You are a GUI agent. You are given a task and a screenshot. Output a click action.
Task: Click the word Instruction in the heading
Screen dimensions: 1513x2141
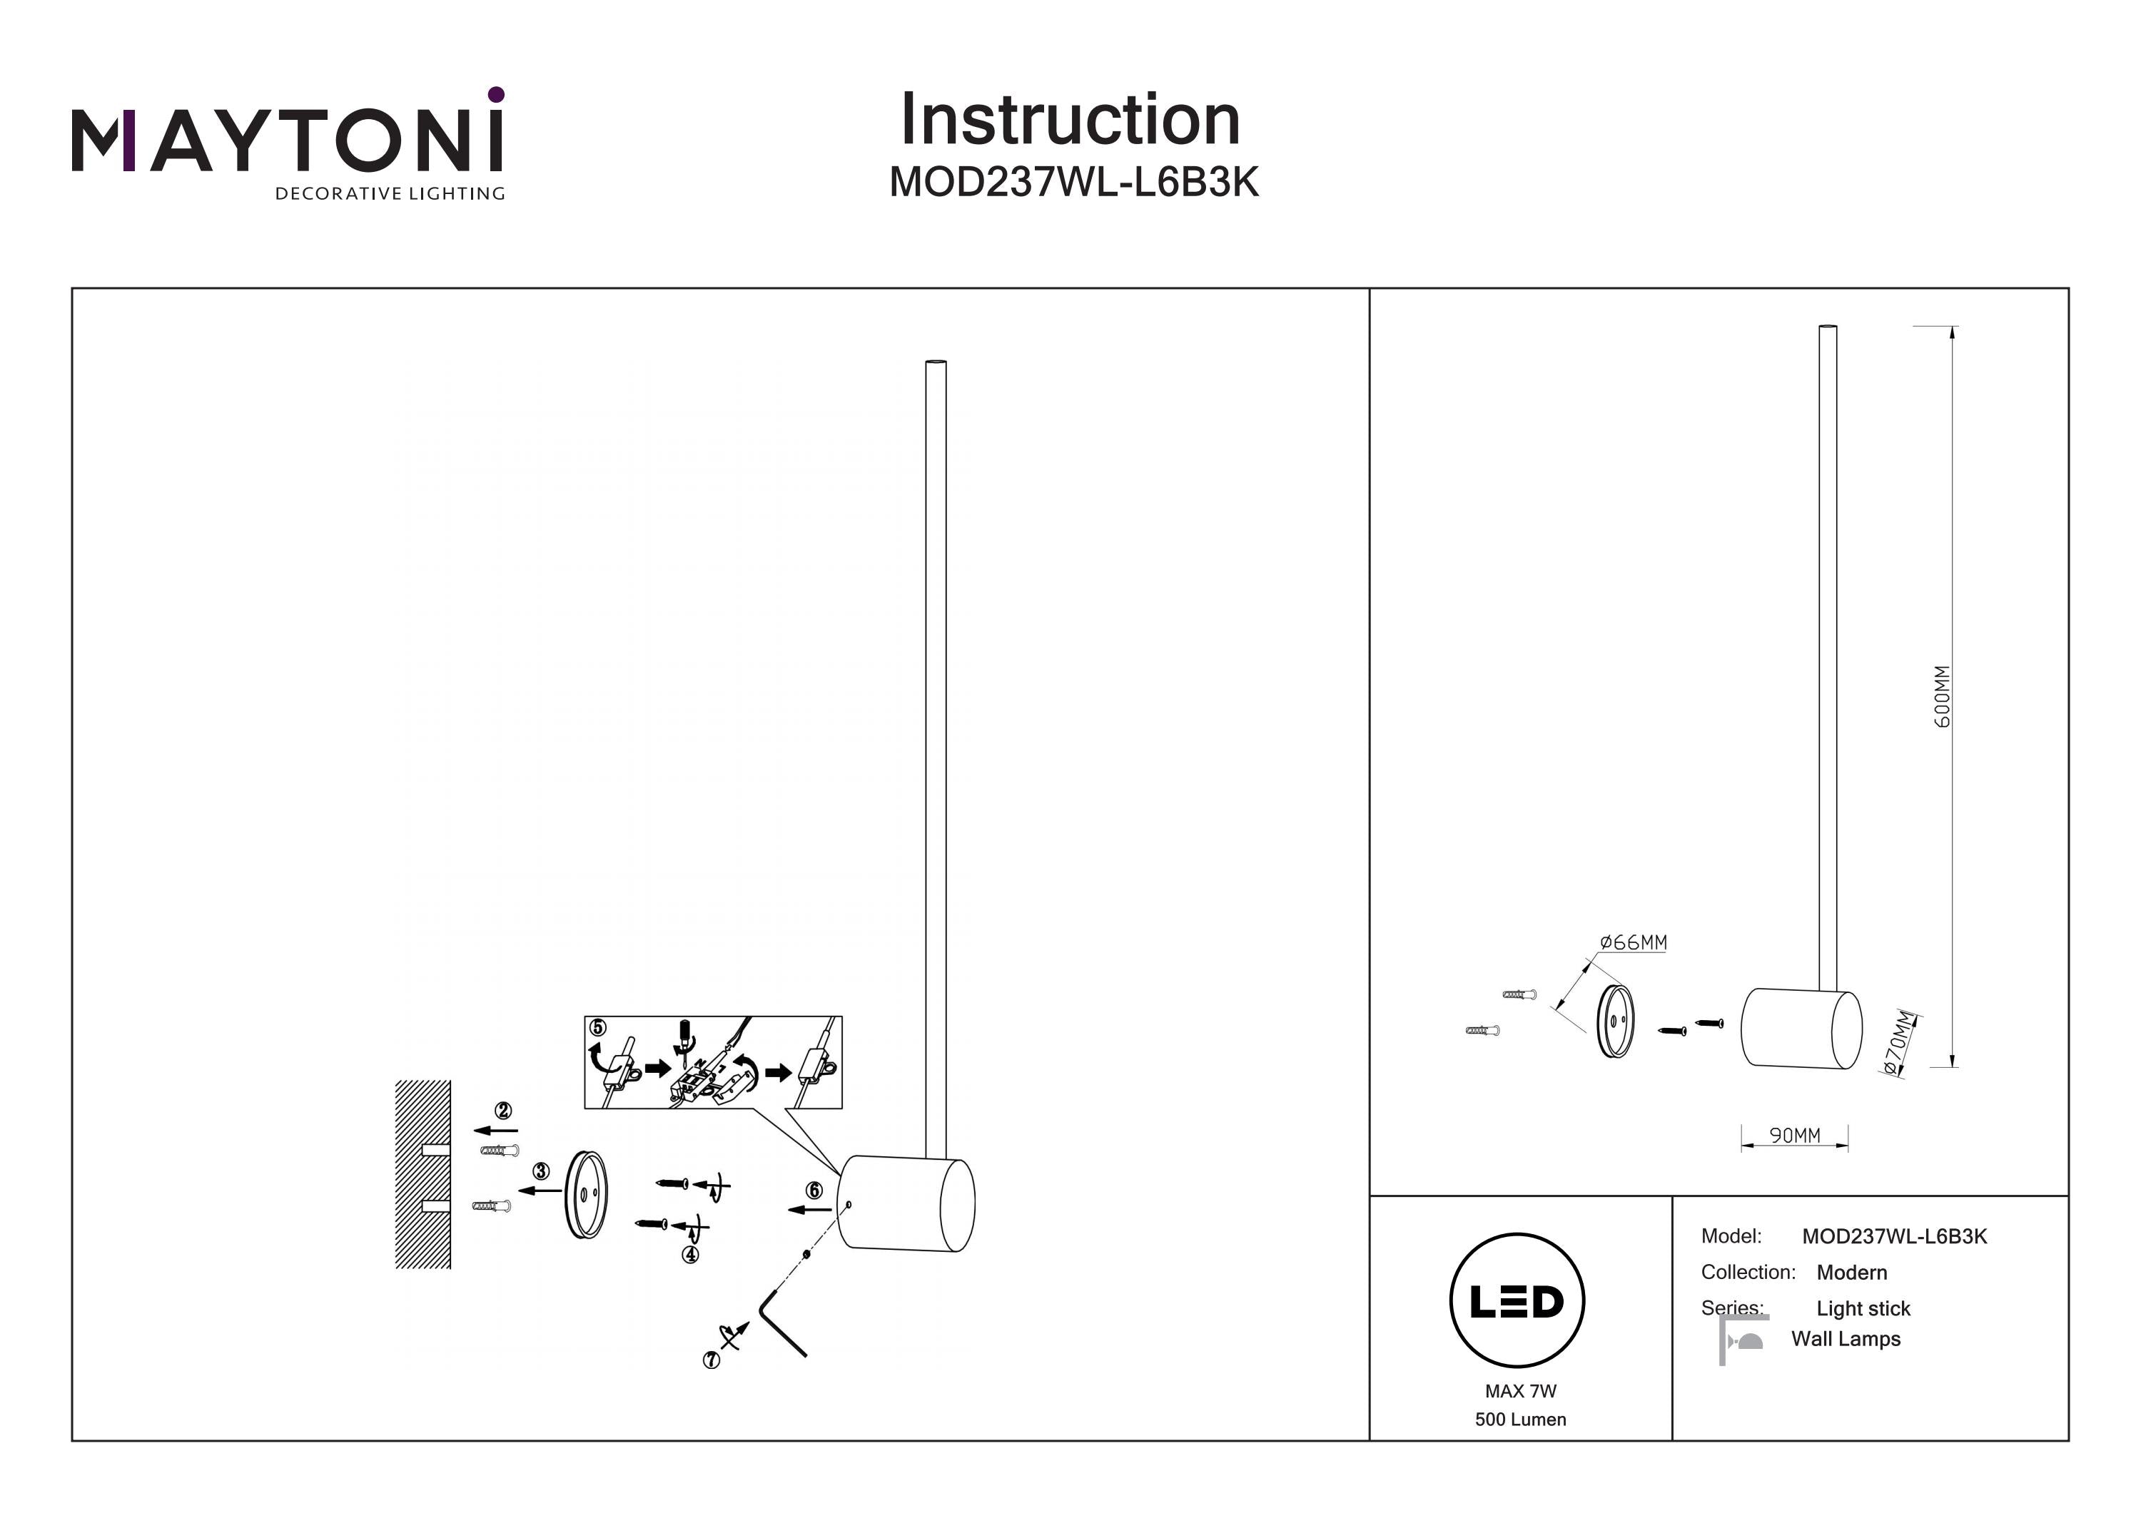[1070, 121]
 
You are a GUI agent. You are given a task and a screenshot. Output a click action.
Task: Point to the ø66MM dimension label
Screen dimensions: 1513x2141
[1633, 942]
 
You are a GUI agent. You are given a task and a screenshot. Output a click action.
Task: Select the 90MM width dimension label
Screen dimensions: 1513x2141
[1794, 1136]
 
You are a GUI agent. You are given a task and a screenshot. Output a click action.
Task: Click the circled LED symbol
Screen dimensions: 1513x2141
[1517, 1300]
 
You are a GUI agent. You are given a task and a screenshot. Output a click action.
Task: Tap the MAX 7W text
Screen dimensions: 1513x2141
[1520, 1391]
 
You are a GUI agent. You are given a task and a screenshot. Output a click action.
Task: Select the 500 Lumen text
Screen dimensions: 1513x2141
[1520, 1420]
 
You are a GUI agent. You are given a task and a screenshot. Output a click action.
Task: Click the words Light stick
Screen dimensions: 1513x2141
[1863, 1309]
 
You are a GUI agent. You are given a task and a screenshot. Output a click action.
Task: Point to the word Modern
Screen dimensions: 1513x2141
[1851, 1273]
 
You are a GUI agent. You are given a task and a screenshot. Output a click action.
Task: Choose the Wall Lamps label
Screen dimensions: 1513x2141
[1846, 1339]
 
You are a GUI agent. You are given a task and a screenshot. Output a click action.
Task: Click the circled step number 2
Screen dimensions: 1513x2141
[504, 1110]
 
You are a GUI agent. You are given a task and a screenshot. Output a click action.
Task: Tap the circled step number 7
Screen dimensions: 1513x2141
[711, 1360]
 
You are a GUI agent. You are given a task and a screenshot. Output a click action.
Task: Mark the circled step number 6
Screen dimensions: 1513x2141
[814, 1191]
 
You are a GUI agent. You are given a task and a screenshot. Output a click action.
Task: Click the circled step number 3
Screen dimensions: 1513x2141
[541, 1171]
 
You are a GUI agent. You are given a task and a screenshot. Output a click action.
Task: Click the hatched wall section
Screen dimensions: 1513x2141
[422, 1175]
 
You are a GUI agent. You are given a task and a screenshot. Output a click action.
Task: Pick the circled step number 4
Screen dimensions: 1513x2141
[690, 1255]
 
